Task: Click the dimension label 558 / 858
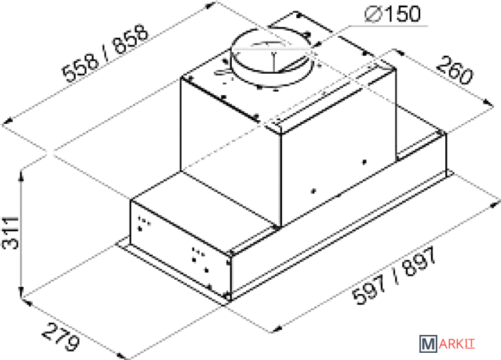106,53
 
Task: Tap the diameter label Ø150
393,14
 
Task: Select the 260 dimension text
454,70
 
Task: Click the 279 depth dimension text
60,337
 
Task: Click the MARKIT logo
447,344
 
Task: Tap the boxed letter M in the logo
428,344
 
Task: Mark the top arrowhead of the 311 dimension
21,175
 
